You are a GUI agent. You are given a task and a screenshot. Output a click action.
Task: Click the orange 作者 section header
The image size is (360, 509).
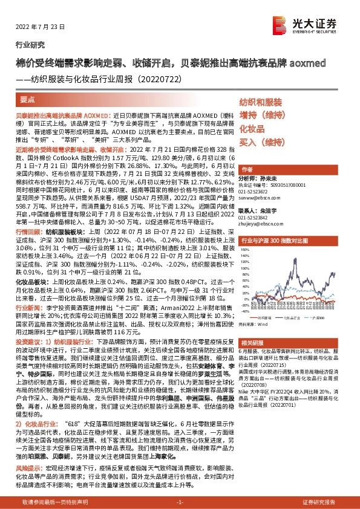[x=247, y=169]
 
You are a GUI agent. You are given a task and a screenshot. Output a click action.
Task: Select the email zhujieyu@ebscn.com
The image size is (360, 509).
[x=261, y=224]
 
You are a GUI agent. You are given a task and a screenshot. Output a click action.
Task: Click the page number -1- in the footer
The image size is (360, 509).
[x=179, y=502]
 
